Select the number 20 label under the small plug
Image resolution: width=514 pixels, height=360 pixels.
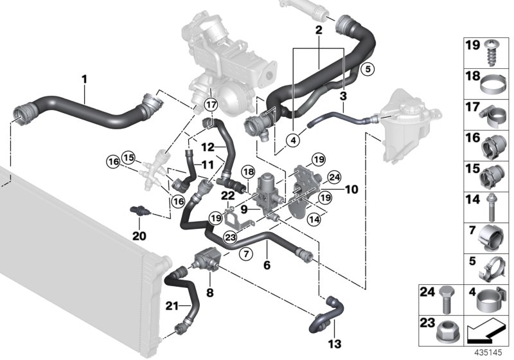140,235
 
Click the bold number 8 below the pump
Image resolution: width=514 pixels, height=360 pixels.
209,292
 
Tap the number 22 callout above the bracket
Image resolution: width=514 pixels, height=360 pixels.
227,195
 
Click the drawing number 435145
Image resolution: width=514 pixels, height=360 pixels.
491,353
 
